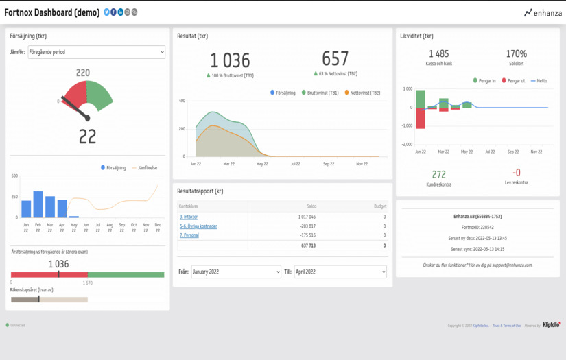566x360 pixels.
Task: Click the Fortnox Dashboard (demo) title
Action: coord(52,12)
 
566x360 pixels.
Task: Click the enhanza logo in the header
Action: coord(543,12)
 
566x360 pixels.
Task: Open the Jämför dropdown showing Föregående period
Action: coord(96,52)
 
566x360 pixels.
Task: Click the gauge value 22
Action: coord(87,136)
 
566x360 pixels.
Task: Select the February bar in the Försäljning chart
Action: coord(38,204)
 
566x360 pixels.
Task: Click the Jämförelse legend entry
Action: coord(145,167)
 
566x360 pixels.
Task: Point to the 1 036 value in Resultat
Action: coord(230,60)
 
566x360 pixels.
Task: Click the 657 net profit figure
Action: coord(335,59)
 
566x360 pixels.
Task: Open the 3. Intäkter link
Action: coord(189,217)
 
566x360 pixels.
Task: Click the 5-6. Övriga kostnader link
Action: coord(198,226)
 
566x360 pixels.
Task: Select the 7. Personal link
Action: coord(189,235)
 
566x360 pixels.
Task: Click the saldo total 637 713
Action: coord(308,245)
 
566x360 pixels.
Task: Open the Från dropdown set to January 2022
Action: coord(235,272)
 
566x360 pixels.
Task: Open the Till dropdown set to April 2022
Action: coord(340,272)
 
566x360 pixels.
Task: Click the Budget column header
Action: coord(379,206)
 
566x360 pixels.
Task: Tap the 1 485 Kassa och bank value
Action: coord(439,53)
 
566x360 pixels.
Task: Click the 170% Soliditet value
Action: coord(516,53)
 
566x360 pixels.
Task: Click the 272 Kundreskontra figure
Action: coord(439,174)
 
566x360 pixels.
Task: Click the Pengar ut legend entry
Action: coord(512,81)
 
